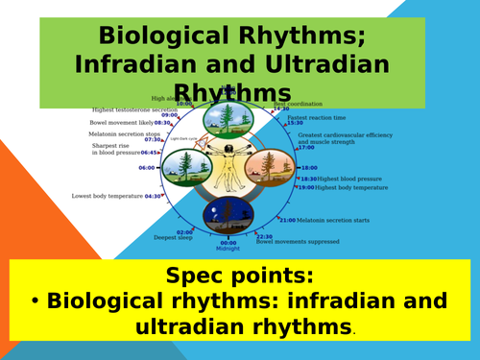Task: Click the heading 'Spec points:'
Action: [239, 276]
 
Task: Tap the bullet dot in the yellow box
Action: [35, 302]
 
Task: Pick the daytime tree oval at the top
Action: [228, 121]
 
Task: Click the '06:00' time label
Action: [173, 168]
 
